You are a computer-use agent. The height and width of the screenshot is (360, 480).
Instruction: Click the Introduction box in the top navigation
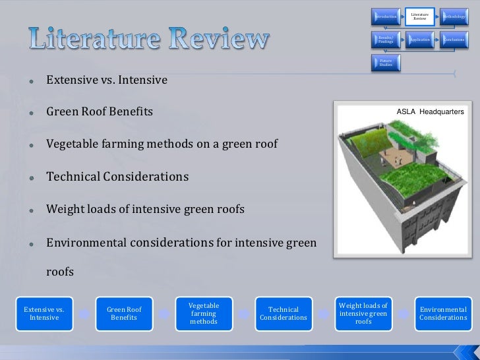pos(385,16)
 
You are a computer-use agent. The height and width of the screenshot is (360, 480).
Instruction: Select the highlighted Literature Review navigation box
pos(419,16)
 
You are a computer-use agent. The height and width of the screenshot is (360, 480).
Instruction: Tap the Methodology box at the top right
pos(454,16)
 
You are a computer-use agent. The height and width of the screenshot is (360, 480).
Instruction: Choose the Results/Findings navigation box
pos(385,40)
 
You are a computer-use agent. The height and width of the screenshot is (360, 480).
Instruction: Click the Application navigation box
pos(419,40)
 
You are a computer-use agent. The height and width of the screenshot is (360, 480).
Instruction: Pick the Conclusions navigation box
pos(454,40)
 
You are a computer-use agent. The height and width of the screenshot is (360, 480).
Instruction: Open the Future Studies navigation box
pos(385,63)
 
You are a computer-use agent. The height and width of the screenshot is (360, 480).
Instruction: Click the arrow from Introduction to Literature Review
pos(402,16)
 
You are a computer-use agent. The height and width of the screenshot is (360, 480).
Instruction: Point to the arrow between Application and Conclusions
pos(436,40)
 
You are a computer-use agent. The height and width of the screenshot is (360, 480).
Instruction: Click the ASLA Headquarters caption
pos(430,112)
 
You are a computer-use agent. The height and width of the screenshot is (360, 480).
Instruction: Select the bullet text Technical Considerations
pos(117,177)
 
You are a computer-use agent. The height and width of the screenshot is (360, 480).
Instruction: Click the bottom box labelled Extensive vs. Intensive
pos(44,313)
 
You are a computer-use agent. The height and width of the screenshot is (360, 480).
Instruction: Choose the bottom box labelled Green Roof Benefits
pos(124,313)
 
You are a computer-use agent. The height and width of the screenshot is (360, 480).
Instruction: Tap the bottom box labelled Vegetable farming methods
pos(203,313)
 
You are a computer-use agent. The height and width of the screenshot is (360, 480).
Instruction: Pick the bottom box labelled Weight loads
pos(363,313)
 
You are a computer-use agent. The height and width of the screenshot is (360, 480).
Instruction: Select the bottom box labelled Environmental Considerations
pos(443,313)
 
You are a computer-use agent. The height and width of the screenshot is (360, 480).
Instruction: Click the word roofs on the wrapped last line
pos(60,272)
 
